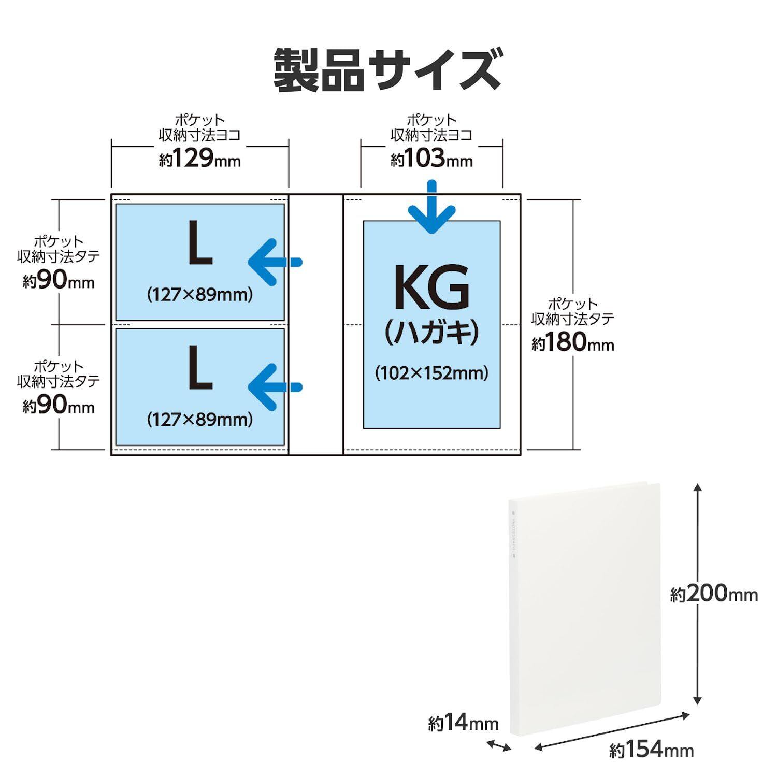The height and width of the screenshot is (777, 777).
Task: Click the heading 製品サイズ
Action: (387, 70)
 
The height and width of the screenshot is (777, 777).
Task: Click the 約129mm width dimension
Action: (200, 159)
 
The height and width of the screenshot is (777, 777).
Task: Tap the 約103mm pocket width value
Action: (431, 159)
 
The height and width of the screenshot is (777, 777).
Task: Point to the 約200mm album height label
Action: (714, 594)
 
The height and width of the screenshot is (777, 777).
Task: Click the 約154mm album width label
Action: (651, 749)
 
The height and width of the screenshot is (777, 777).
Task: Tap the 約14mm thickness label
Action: (463, 723)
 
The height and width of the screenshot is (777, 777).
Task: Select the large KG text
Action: (431, 287)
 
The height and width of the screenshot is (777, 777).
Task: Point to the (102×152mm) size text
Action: (431, 372)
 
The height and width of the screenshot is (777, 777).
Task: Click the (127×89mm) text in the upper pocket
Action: (200, 295)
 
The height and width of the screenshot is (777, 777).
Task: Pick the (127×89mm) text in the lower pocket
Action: (200, 419)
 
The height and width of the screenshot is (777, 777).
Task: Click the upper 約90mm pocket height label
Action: (59, 281)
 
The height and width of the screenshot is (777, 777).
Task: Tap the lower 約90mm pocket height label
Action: (59, 406)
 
